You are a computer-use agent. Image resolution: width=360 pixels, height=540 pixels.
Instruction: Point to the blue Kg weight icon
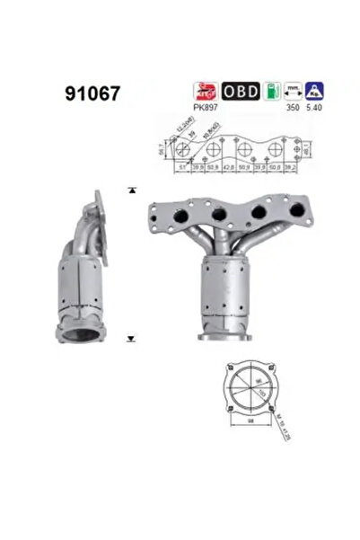(x=313, y=90)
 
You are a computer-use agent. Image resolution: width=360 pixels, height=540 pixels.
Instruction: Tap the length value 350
(x=288, y=104)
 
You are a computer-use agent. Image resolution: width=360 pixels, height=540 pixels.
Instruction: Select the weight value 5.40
(x=312, y=104)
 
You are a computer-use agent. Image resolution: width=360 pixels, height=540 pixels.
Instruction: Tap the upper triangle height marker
(x=131, y=190)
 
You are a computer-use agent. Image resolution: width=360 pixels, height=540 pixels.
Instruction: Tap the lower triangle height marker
(x=131, y=339)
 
